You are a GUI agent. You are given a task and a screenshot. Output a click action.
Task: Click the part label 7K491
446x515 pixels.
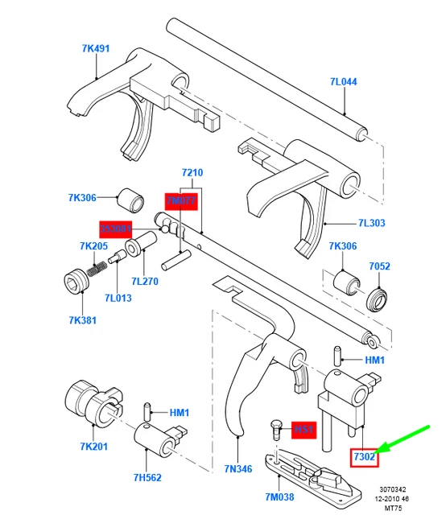click(95, 48)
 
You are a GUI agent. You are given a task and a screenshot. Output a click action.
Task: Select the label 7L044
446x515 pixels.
click(344, 82)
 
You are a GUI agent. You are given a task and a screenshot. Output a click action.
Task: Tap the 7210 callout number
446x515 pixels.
click(192, 173)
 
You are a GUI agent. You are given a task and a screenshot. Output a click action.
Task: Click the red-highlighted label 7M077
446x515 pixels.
click(181, 200)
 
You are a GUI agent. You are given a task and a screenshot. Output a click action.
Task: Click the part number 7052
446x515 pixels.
click(380, 266)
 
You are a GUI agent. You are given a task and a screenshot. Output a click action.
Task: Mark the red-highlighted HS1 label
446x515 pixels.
click(304, 430)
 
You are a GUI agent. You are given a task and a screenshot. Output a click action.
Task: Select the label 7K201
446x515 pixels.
click(81, 447)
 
